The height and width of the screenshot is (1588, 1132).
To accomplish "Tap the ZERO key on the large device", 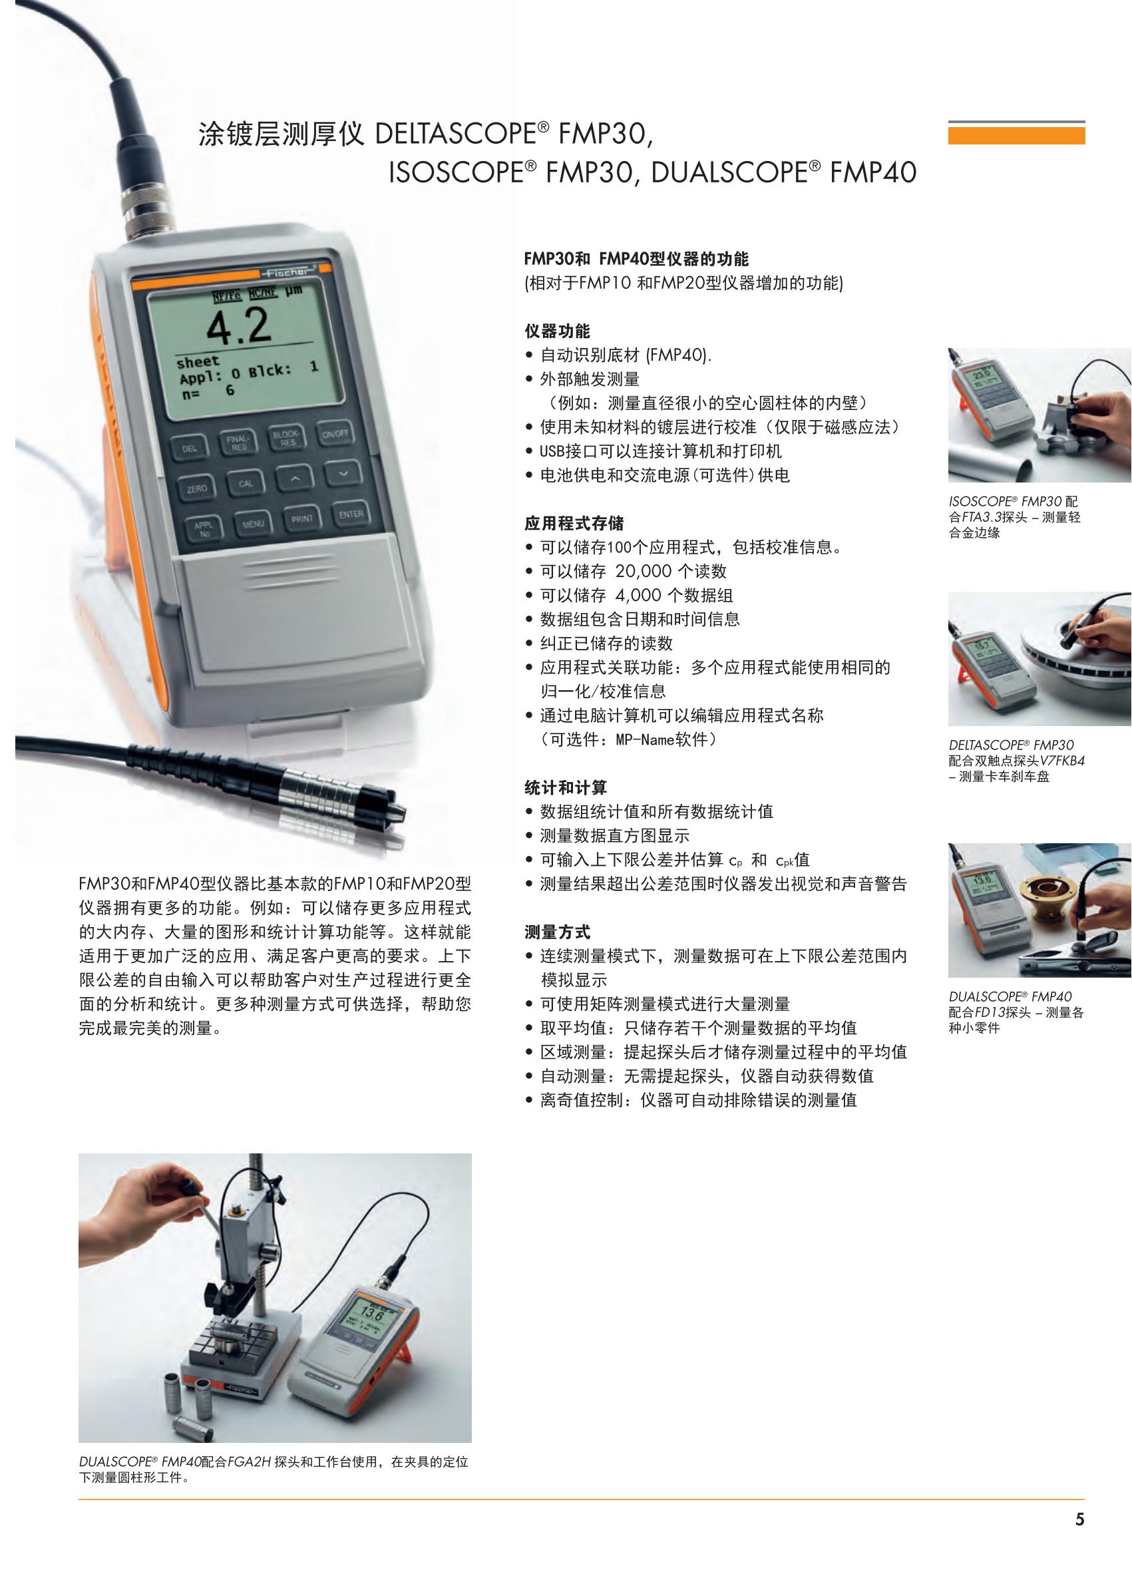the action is [196, 489].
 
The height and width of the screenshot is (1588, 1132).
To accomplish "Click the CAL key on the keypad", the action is [246, 483].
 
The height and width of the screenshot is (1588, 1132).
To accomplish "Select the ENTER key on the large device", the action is [351, 514].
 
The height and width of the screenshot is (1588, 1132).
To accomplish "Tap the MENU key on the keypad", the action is [253, 524].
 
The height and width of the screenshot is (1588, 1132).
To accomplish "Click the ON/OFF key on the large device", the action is [335, 433].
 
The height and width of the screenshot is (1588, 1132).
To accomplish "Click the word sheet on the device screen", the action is [197, 363].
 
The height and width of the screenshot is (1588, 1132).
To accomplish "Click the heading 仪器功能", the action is [557, 331].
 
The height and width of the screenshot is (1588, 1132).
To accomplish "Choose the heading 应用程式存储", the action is [574, 524].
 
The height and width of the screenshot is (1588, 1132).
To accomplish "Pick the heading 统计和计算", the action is [565, 788].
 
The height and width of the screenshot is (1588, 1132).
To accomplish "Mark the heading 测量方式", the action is [557, 932].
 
